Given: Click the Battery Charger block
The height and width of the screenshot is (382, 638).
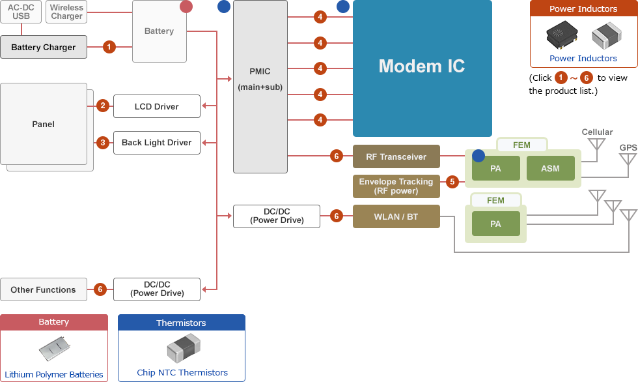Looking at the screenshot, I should (x=44, y=47).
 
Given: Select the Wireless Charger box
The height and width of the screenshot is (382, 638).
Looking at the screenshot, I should (x=66, y=12).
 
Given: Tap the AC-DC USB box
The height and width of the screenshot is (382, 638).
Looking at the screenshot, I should (x=21, y=12).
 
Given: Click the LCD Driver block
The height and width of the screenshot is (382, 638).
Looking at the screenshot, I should (x=156, y=106).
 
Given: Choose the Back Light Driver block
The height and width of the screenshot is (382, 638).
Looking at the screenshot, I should (x=156, y=143).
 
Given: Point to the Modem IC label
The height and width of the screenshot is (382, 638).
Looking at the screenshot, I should (x=422, y=66).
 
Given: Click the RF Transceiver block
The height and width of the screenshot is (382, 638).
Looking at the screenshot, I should (x=396, y=156).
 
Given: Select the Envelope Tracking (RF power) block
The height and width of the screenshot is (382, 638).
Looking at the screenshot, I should (x=396, y=186).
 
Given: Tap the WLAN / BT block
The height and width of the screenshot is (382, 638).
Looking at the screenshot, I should (x=396, y=216).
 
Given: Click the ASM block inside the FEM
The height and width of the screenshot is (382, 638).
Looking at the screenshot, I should (x=550, y=169).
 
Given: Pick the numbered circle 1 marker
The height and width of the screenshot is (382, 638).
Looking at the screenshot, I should (x=109, y=47).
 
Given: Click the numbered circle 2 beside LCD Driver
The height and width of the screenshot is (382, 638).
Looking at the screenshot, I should (x=102, y=106).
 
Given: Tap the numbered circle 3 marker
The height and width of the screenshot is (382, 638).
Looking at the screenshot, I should (x=102, y=142).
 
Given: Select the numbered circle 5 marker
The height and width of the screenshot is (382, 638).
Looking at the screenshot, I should (x=452, y=182).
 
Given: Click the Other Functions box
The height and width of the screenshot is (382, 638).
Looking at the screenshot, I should (x=43, y=289).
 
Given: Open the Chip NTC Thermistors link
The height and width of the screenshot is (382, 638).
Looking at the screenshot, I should (x=182, y=373).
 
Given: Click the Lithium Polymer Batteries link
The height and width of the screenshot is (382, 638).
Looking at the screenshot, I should (x=54, y=374).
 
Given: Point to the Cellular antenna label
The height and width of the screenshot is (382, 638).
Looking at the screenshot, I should (x=597, y=132).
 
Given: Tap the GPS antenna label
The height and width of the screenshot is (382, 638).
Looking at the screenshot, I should (x=628, y=148).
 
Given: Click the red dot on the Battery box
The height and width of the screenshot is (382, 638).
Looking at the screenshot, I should (x=186, y=7).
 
